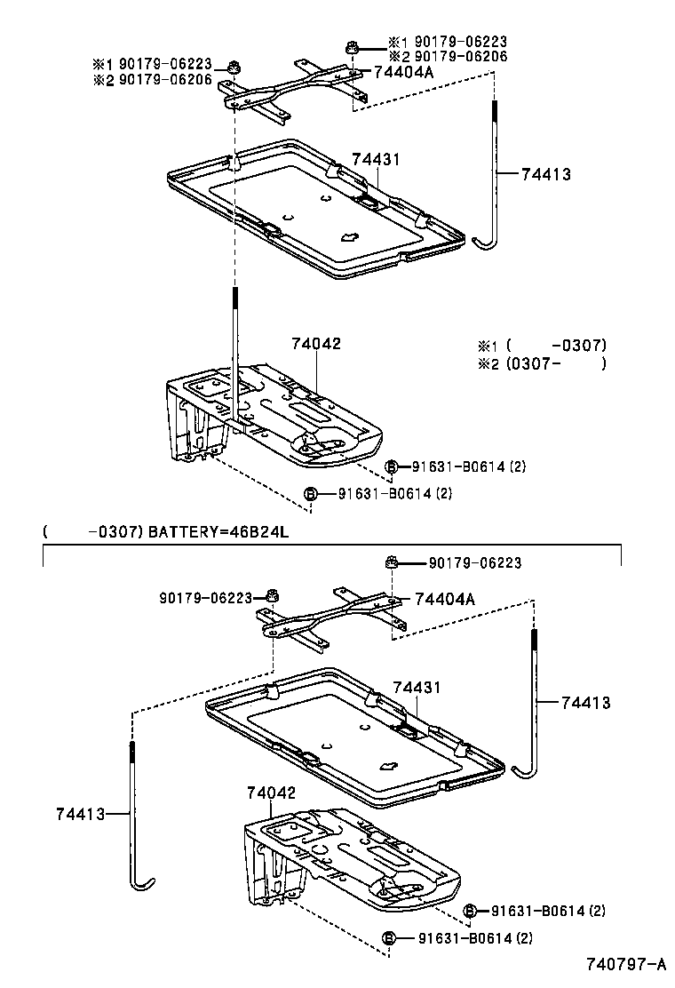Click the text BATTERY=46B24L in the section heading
click(x=218, y=532)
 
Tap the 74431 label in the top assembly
click(x=376, y=160)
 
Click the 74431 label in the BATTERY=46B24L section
click(x=417, y=688)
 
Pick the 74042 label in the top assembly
click(x=316, y=344)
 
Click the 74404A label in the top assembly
click(x=402, y=73)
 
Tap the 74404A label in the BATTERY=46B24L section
click(x=443, y=600)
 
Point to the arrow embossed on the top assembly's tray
click(x=348, y=236)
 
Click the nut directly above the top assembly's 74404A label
click(x=352, y=48)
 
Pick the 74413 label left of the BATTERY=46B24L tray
click(x=81, y=813)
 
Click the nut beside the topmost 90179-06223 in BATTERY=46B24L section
click(x=391, y=562)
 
